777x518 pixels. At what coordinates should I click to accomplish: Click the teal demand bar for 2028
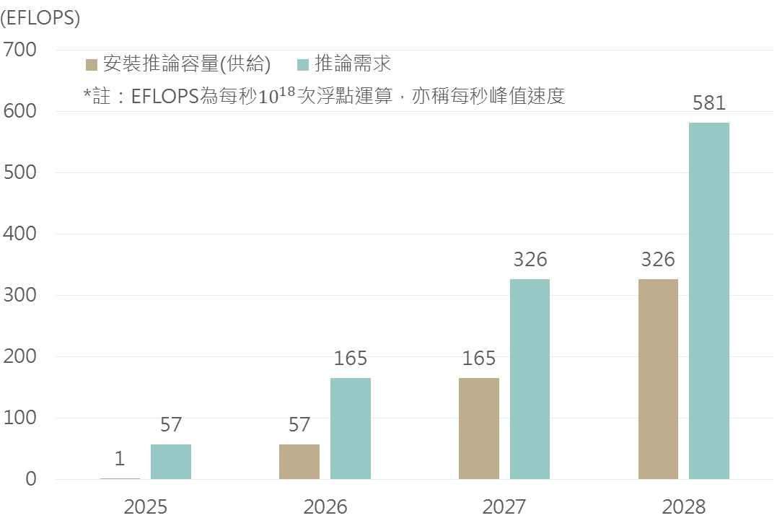[x=708, y=301]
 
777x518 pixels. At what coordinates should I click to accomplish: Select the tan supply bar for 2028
[x=658, y=379]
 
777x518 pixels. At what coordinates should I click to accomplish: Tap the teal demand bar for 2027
[x=530, y=379]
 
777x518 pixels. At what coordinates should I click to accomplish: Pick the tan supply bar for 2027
[x=479, y=429]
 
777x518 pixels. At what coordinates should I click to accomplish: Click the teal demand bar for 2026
[x=351, y=429]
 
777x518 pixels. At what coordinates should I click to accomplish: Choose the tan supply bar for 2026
[x=299, y=462]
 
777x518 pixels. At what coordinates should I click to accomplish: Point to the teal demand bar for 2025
[x=171, y=462]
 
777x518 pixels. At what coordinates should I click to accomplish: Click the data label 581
[x=708, y=102]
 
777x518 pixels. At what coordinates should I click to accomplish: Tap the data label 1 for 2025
[x=120, y=458]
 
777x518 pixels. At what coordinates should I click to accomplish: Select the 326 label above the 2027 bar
[x=530, y=259]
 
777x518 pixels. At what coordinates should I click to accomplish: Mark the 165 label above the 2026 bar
[x=351, y=358]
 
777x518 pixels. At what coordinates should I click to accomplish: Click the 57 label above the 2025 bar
[x=171, y=424]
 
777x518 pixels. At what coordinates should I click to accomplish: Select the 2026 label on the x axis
[x=325, y=506]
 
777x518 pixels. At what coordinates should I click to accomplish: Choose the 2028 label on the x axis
[x=684, y=506]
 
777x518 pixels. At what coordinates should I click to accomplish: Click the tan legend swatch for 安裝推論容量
[x=92, y=65]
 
